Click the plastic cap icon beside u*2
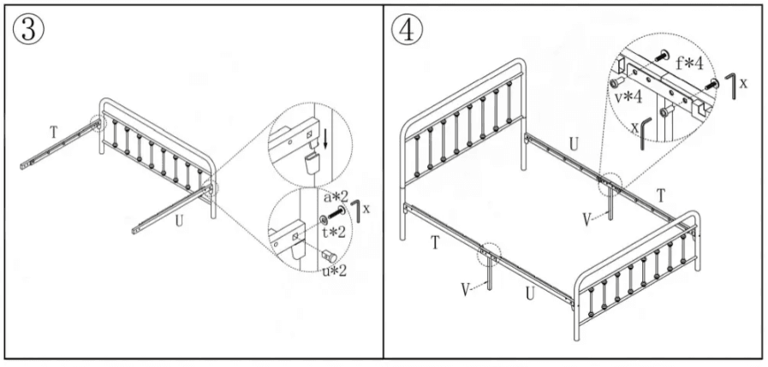(328, 253)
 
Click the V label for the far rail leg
(586, 219)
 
